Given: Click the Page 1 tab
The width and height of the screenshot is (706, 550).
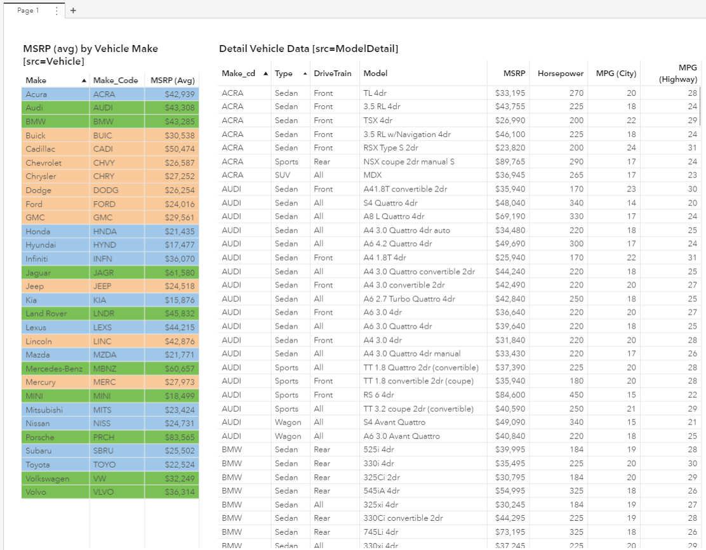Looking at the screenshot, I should tap(27, 10).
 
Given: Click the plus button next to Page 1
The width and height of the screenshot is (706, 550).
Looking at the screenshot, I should tap(73, 10).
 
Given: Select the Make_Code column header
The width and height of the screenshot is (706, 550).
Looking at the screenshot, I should tap(115, 81).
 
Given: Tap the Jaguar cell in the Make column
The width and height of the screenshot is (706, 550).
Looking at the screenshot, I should tap(39, 273).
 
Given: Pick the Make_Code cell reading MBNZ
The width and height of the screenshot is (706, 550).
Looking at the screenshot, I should tap(105, 369).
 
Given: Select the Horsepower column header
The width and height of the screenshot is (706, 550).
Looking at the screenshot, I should tap(560, 74).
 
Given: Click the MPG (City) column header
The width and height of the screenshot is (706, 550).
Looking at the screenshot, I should tap(615, 74).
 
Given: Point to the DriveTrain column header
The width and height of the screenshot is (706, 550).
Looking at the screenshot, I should tap(332, 74).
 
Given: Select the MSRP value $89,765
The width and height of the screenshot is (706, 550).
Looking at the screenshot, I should tap(510, 162).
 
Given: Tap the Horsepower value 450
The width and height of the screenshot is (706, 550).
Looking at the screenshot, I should tap(575, 395).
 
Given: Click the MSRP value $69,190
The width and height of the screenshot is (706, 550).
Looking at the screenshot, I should tap(510, 216).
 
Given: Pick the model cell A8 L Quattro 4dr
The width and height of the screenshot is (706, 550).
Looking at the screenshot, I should tap(394, 216).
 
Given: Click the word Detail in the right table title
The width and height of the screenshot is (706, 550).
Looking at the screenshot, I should tap(232, 49).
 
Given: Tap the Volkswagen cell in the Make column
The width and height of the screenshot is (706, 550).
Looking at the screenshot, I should tap(48, 478).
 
